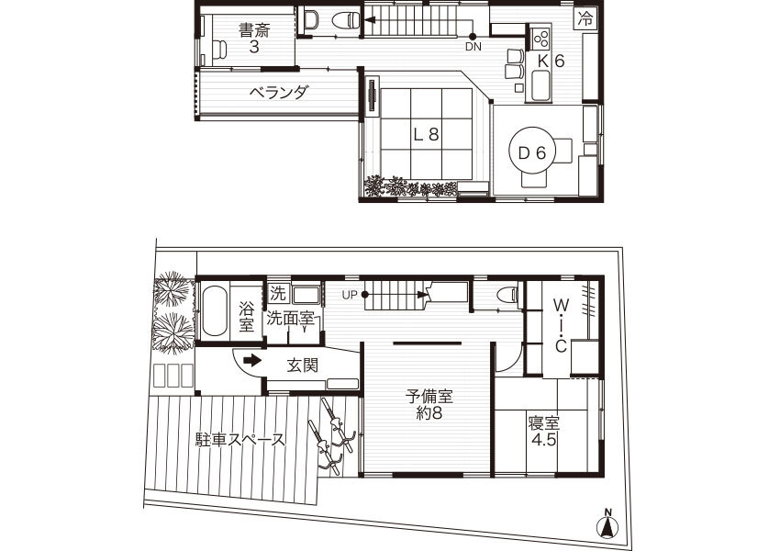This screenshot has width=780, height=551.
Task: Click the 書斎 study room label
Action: [253, 31]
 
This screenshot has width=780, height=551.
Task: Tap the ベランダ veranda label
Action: [279, 93]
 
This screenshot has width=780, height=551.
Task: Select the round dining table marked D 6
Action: [531, 151]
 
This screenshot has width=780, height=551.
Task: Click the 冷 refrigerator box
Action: [585, 19]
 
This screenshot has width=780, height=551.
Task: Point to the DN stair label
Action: [474, 47]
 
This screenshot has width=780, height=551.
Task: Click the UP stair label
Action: [350, 295]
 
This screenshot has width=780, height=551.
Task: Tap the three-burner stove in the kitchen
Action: [540, 38]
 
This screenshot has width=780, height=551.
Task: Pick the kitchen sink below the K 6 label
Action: [540, 85]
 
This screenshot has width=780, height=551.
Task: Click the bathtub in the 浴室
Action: [215, 310]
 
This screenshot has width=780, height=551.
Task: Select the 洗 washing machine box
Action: [277, 293]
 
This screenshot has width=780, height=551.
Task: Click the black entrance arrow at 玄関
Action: [252, 360]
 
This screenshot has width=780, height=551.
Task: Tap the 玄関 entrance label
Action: [303, 365]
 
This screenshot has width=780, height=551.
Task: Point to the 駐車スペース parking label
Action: [240, 440]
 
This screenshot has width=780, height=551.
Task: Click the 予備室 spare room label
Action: [429, 397]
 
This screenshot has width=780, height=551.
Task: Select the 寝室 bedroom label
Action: [544, 423]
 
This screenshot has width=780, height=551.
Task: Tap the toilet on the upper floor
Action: [344, 20]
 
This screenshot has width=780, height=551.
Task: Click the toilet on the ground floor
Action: [507, 295]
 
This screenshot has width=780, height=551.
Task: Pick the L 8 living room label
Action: [427, 134]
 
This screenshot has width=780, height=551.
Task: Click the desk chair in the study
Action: [219, 50]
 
